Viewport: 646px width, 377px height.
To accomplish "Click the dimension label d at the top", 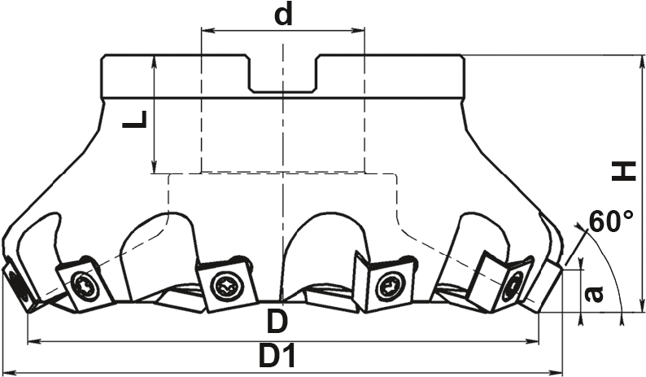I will tap(282, 15).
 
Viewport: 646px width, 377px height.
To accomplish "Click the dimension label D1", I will tap(277, 355).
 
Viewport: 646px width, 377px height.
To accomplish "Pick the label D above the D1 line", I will tap(277, 322).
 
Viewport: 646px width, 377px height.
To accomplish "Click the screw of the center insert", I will tap(225, 286).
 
